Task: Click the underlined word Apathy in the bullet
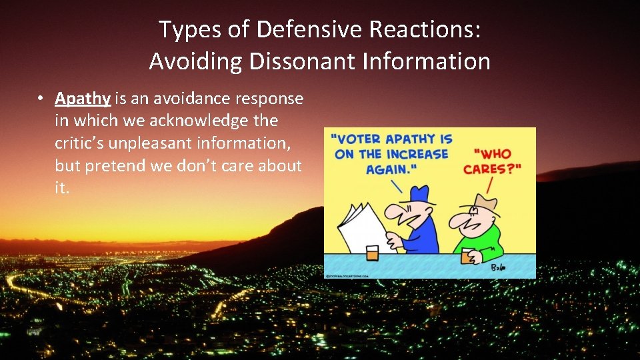[83, 99]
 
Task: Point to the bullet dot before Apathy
[41, 99]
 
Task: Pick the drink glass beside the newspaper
[372, 253]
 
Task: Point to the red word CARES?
[491, 169]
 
